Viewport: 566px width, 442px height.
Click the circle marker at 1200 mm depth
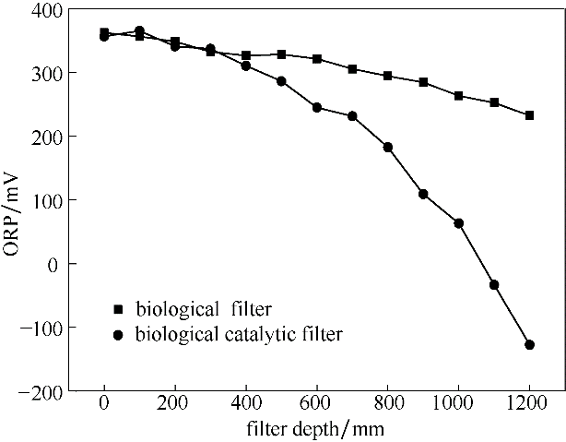(x=530, y=345)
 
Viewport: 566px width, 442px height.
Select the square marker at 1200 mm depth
(x=530, y=115)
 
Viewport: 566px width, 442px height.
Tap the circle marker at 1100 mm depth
(x=494, y=285)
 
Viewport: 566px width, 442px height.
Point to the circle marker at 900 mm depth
(x=423, y=194)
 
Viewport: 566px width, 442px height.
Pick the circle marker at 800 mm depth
(x=388, y=147)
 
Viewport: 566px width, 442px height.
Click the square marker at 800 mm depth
(x=388, y=76)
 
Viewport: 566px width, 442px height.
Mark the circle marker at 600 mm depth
(x=317, y=107)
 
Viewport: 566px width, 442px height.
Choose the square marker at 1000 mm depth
(x=459, y=96)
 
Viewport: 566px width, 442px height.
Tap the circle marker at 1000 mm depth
(x=459, y=223)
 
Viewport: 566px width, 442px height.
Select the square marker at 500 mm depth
(x=282, y=54)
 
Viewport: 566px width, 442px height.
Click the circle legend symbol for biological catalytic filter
(x=117, y=334)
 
